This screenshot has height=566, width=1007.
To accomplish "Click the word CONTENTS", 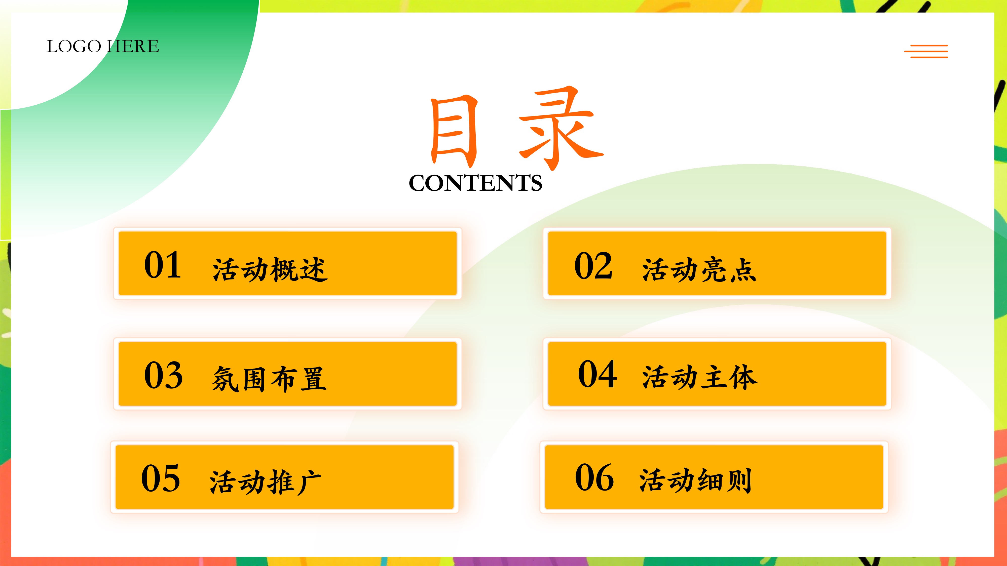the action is (475, 183).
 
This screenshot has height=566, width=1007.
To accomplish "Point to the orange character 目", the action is (454, 131).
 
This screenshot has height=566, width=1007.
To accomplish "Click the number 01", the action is (163, 265).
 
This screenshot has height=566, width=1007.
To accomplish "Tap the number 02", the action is (593, 266).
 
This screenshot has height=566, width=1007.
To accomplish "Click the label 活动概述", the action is (270, 269).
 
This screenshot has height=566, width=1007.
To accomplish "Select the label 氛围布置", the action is (269, 379).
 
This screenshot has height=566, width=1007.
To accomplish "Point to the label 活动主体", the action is (700, 377).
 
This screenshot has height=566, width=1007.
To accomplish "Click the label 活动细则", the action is (696, 480).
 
